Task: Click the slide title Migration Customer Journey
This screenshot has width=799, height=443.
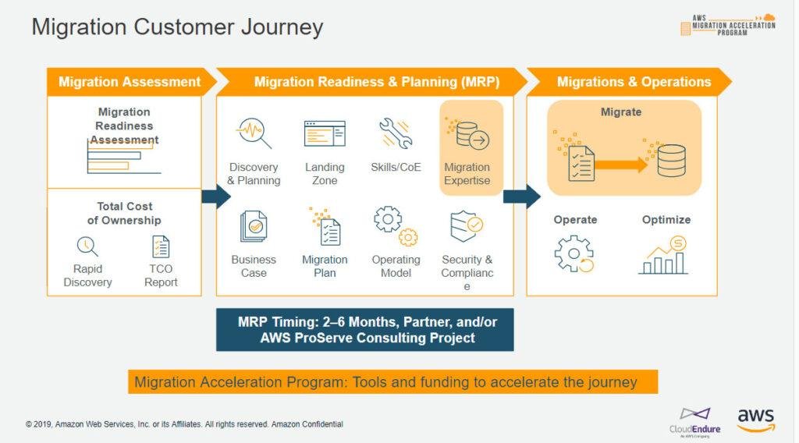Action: coord(177,27)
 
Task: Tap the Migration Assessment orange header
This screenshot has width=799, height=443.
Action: coord(130,82)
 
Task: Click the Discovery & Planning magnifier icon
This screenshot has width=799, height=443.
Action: coord(254,133)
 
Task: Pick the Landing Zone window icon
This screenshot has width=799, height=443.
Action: coord(325,133)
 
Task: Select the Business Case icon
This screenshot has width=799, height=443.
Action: coord(254,226)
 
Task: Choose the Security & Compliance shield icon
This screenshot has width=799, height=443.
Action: coord(467,227)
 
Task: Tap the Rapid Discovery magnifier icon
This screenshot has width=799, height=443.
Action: coord(87,246)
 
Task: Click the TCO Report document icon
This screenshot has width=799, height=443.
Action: coord(161,246)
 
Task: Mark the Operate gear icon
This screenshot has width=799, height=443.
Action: coord(574,253)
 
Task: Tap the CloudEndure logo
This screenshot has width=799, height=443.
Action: coord(695,421)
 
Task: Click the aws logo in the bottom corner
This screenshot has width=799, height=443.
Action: coord(756,418)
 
